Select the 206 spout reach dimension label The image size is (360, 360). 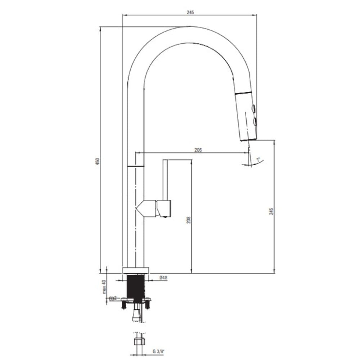pyautogui.click(x=198, y=150)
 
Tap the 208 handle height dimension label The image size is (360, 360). pyautogui.click(x=188, y=220)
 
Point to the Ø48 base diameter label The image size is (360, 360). pyautogui.click(x=163, y=278)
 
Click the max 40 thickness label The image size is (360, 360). pyautogui.click(x=104, y=287)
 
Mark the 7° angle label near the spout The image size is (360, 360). pyautogui.click(x=258, y=159)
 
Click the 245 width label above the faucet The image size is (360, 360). pyautogui.click(x=190, y=12)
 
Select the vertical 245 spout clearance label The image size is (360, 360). pyautogui.click(x=271, y=211)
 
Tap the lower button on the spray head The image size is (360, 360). pyautogui.click(x=255, y=122)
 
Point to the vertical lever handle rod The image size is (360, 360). pyautogui.click(x=165, y=180)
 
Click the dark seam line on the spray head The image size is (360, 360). pyautogui.click(x=243, y=93)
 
